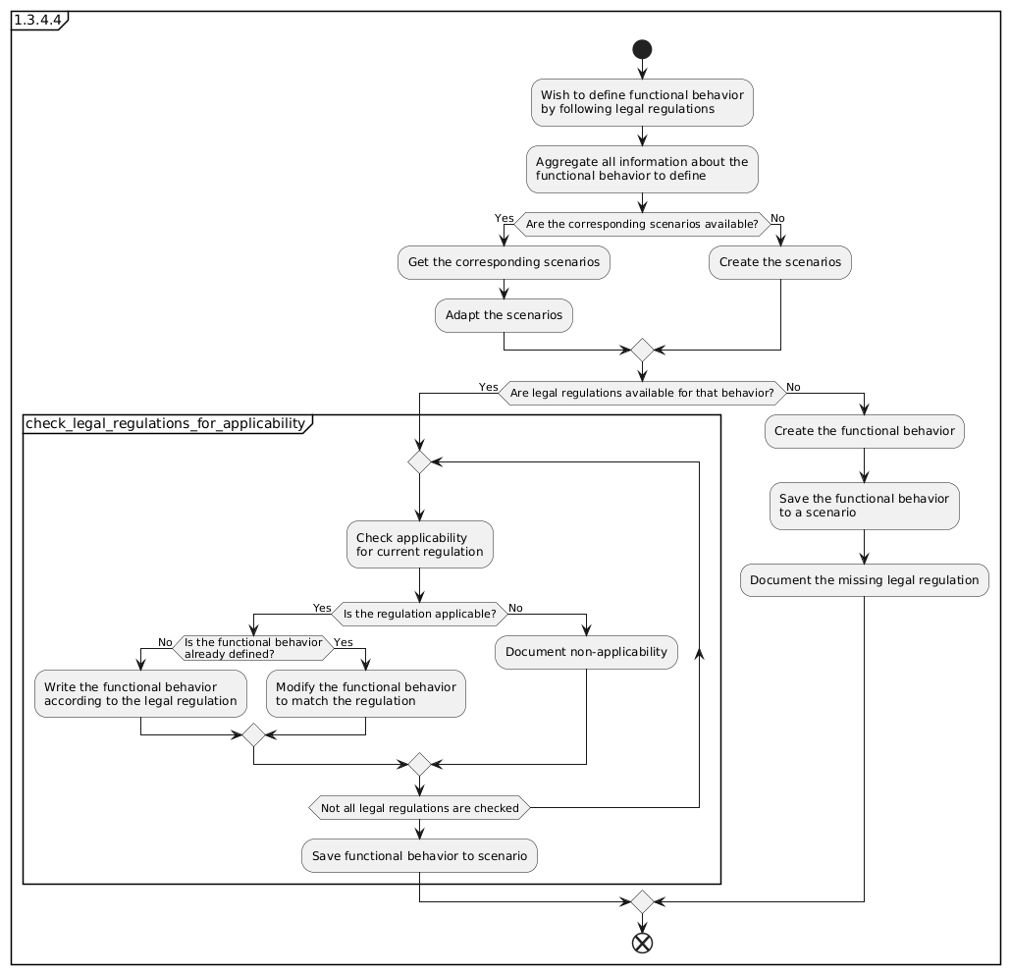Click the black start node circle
point(642,49)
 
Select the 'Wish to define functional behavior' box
point(642,102)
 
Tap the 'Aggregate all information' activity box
point(642,169)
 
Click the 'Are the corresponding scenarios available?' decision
point(642,225)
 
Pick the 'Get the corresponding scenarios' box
point(504,262)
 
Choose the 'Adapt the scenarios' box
point(504,315)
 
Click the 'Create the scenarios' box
point(780,262)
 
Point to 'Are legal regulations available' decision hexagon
point(642,394)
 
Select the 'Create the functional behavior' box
point(865,431)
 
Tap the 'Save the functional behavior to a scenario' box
point(865,506)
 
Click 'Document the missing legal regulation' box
point(865,579)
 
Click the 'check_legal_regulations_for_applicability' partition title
point(163,423)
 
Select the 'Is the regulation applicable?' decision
point(419,614)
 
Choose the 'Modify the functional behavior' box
point(365,693)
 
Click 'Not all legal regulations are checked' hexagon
point(419,808)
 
